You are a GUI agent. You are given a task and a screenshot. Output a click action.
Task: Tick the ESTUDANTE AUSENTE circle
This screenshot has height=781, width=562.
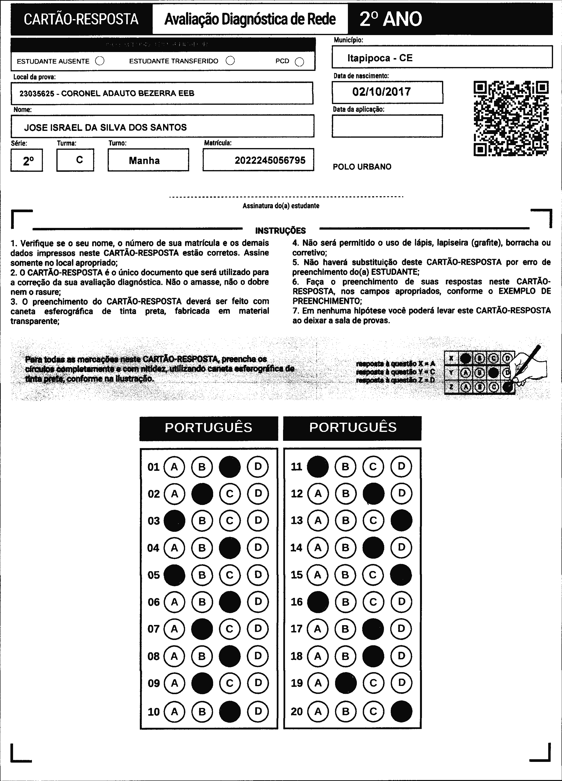click(x=100, y=61)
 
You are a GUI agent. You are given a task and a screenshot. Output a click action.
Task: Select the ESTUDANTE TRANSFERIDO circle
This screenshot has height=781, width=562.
click(x=230, y=60)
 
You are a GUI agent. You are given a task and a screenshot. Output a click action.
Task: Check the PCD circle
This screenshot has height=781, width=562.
click(x=300, y=62)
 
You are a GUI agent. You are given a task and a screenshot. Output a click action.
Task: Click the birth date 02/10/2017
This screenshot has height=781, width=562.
click(x=381, y=92)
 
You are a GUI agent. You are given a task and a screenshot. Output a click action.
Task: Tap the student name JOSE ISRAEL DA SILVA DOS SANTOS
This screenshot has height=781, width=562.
click(x=105, y=128)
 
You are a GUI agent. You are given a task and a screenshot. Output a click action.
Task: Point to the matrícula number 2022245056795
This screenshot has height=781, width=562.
click(x=270, y=160)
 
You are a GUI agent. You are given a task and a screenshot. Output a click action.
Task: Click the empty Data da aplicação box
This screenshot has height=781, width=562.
click(x=387, y=126)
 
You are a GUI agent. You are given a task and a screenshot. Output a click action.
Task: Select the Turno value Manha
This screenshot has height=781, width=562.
click(x=144, y=160)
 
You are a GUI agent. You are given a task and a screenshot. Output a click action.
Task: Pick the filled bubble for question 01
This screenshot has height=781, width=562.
click(x=230, y=467)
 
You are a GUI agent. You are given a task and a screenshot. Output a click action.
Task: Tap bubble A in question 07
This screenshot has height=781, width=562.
click(x=174, y=629)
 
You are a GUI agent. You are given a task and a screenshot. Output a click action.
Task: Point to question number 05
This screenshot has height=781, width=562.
click(x=154, y=575)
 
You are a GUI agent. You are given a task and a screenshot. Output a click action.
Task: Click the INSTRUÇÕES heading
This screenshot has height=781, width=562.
click(x=280, y=230)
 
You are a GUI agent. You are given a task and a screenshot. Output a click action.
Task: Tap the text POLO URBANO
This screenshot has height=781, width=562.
click(x=362, y=167)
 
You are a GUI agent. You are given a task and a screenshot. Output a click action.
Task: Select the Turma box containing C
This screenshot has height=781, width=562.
click(x=75, y=160)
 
